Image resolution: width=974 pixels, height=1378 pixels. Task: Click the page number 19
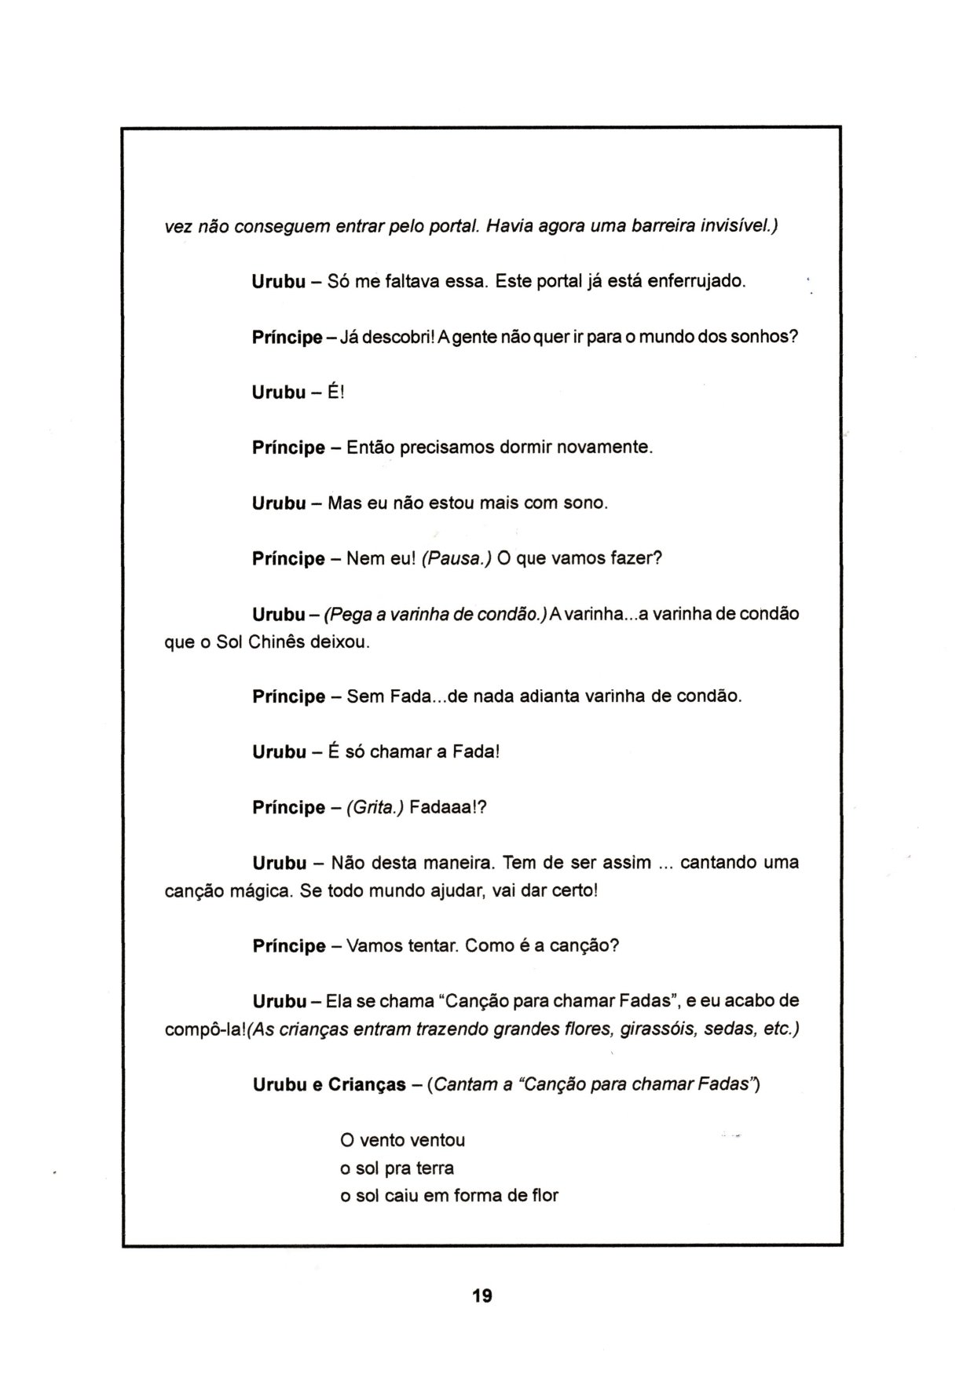[482, 1296]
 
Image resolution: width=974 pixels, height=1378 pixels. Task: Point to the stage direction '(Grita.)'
[374, 807]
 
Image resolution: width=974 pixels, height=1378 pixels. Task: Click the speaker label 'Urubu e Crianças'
[329, 1084]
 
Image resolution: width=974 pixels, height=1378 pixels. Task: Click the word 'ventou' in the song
[438, 1140]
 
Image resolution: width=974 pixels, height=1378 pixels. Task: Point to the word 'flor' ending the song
[544, 1196]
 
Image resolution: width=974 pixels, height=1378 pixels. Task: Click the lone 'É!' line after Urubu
[336, 392]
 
